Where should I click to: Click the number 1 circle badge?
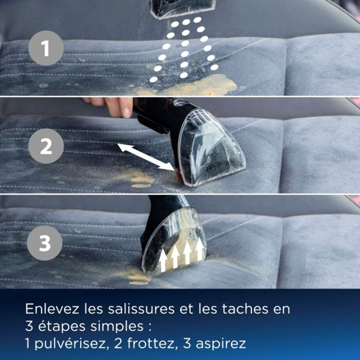pos(46,48)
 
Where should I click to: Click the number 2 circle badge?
pos(46,146)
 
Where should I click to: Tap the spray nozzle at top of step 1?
pos(183,8)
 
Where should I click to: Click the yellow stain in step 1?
pos(206,85)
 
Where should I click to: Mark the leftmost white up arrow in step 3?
pos(163,260)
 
